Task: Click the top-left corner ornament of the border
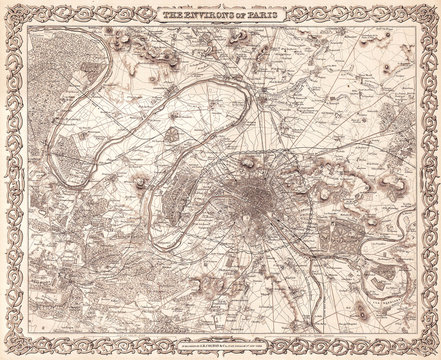click(12, 12)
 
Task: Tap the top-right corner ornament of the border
click(429, 12)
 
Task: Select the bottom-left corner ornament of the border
click(12, 347)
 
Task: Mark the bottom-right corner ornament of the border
click(429, 347)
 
